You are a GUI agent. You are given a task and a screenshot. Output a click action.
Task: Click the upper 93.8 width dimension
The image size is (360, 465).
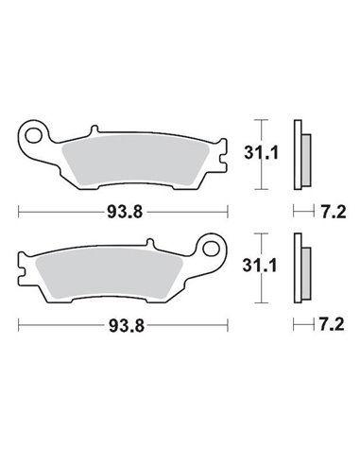(x=124, y=213)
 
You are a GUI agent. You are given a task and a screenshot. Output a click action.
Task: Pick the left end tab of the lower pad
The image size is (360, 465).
(x=23, y=269)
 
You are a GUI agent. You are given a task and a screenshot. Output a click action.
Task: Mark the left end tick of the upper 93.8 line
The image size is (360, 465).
(x=20, y=213)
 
